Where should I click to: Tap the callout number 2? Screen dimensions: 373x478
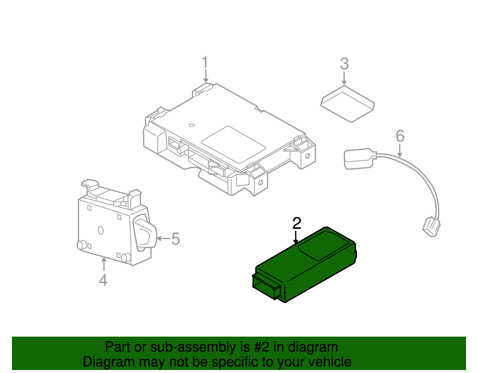297,223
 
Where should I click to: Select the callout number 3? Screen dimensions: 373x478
344,64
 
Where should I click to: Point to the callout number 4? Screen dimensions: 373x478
103,280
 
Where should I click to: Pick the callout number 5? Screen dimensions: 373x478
175,239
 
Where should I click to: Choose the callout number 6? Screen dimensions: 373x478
400,136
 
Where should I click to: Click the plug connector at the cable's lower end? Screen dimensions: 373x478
431,227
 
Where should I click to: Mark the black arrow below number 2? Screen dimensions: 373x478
296,237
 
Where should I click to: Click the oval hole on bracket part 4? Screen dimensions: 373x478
101,230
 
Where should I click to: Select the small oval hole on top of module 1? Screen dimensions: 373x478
192,125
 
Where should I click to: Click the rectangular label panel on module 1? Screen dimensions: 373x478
234,144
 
